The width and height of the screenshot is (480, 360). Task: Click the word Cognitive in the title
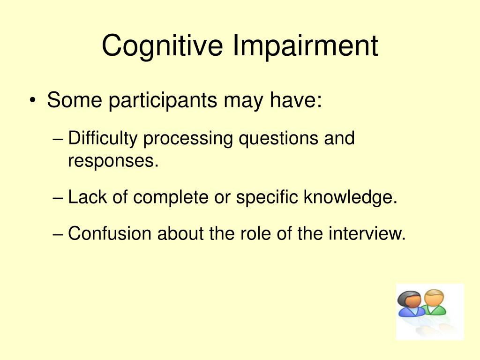(x=162, y=46)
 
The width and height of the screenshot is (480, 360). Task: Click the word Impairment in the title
(x=306, y=46)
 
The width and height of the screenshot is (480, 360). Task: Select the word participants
(x=163, y=100)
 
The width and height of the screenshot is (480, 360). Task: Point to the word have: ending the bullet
(x=296, y=100)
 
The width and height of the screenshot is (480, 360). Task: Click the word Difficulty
(x=103, y=138)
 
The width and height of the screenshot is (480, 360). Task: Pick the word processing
(x=188, y=138)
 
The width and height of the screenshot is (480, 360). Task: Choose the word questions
(x=278, y=138)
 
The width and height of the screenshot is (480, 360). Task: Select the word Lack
(x=87, y=196)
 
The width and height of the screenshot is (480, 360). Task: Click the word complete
(x=171, y=197)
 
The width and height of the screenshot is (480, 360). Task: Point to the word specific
(x=267, y=197)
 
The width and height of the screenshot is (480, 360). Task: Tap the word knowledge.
(x=351, y=197)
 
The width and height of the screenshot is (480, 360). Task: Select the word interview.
(x=367, y=233)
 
